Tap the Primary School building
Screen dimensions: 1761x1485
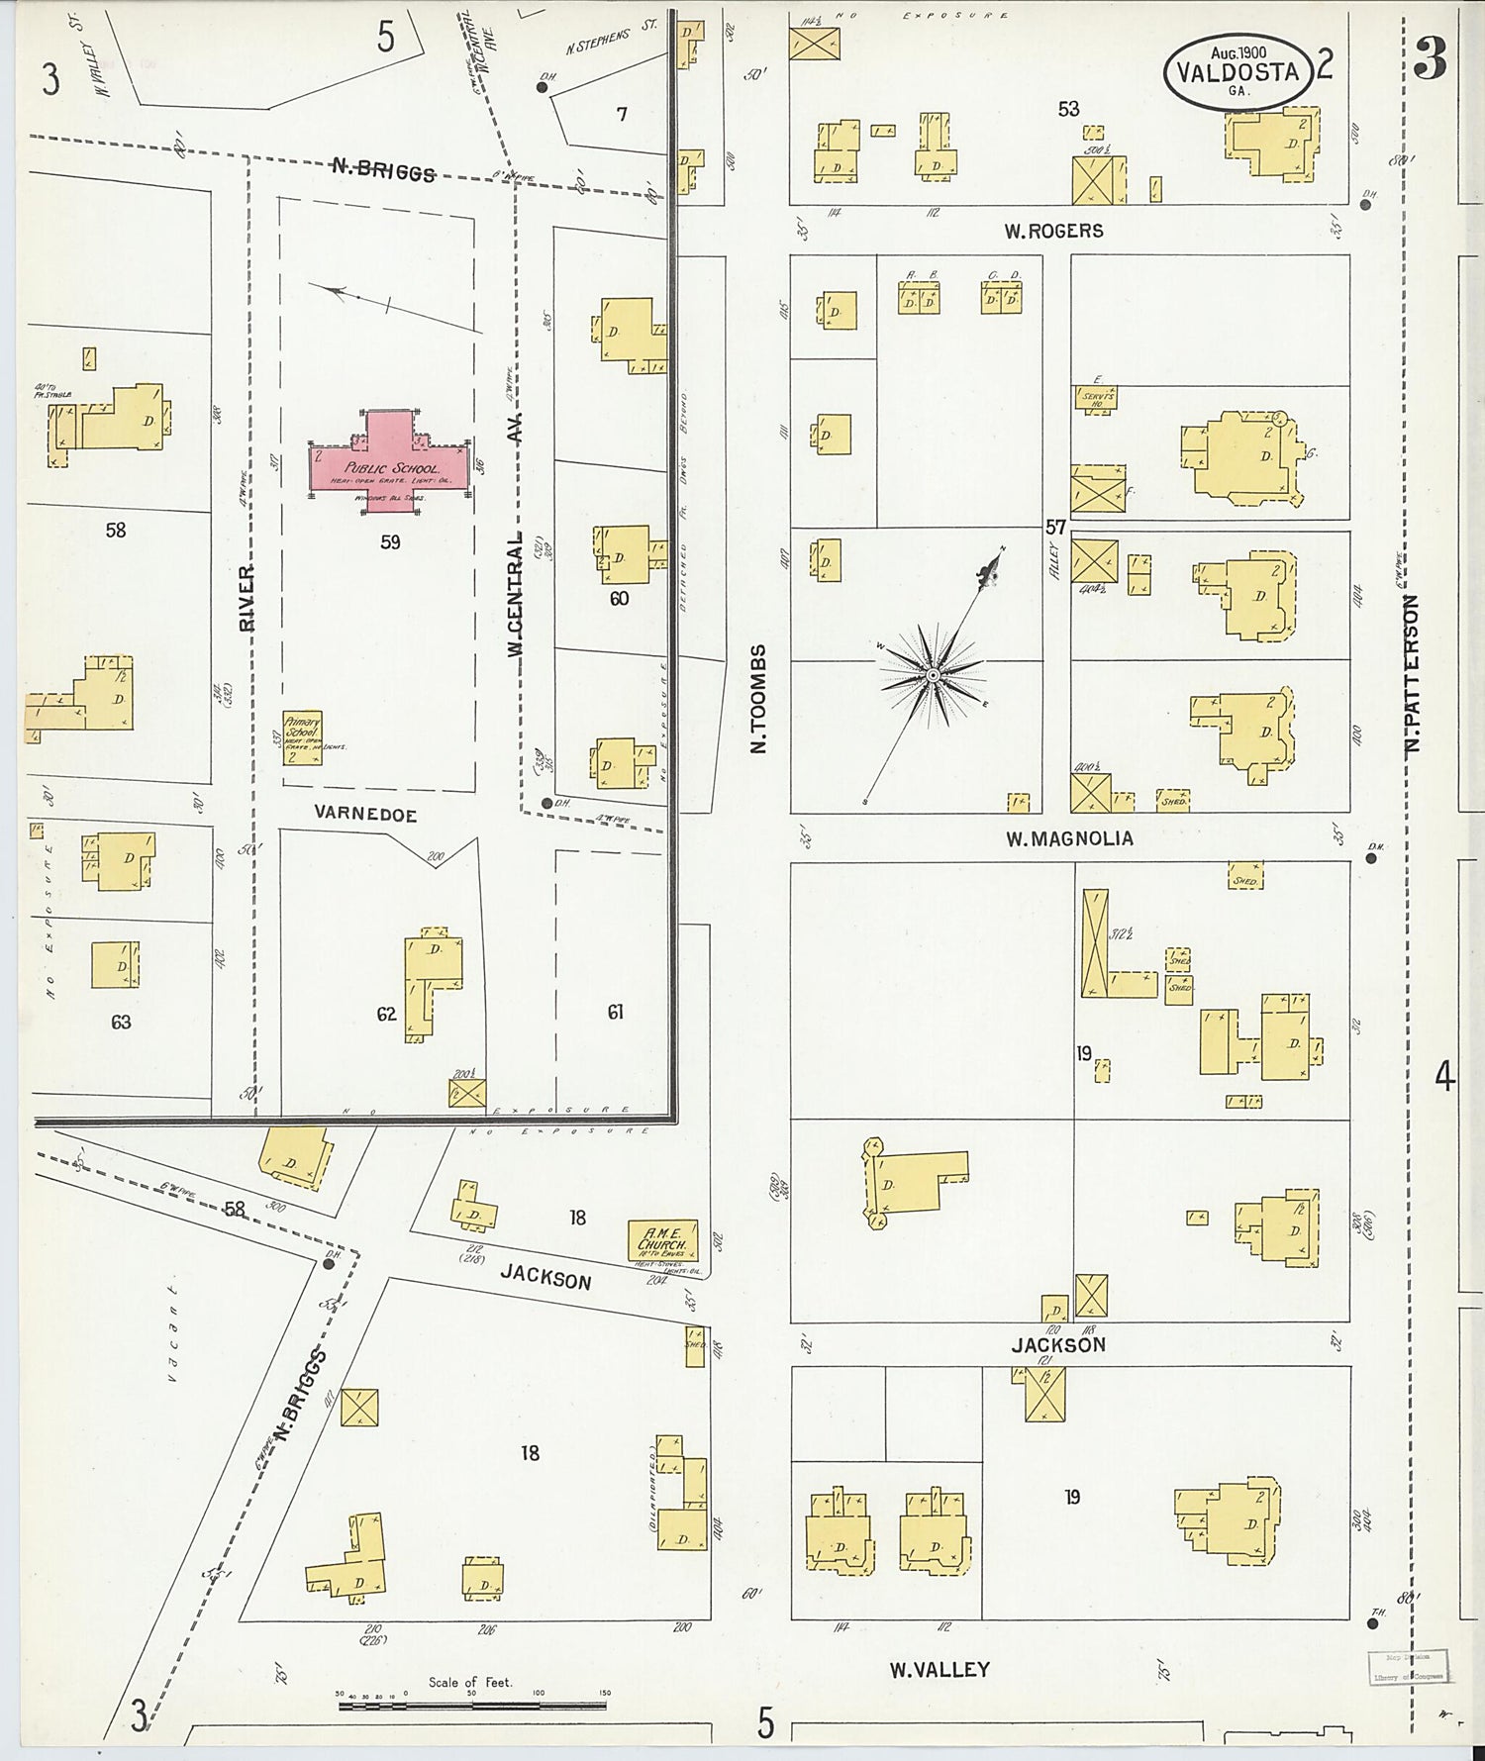pos(302,737)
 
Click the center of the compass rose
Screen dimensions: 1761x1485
pos(932,675)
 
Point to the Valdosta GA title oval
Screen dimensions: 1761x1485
pos(1237,70)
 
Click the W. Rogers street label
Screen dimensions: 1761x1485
pos(1053,231)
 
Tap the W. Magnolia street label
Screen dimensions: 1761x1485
pos(1069,838)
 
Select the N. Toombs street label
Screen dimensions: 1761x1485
pos(759,699)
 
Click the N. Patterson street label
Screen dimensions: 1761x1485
pos(1413,673)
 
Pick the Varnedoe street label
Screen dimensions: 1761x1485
pos(365,815)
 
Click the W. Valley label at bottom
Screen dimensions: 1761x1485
pos(939,1669)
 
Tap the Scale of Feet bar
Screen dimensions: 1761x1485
pos(472,1706)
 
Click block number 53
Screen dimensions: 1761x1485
pos(1068,109)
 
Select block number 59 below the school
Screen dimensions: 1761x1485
pos(390,541)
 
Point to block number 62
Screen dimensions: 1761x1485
pos(386,1013)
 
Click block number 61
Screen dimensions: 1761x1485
pos(615,1011)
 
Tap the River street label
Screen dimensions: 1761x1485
pos(247,597)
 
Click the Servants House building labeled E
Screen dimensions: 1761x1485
pos(1096,398)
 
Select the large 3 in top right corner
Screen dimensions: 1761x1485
pos(1430,59)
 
